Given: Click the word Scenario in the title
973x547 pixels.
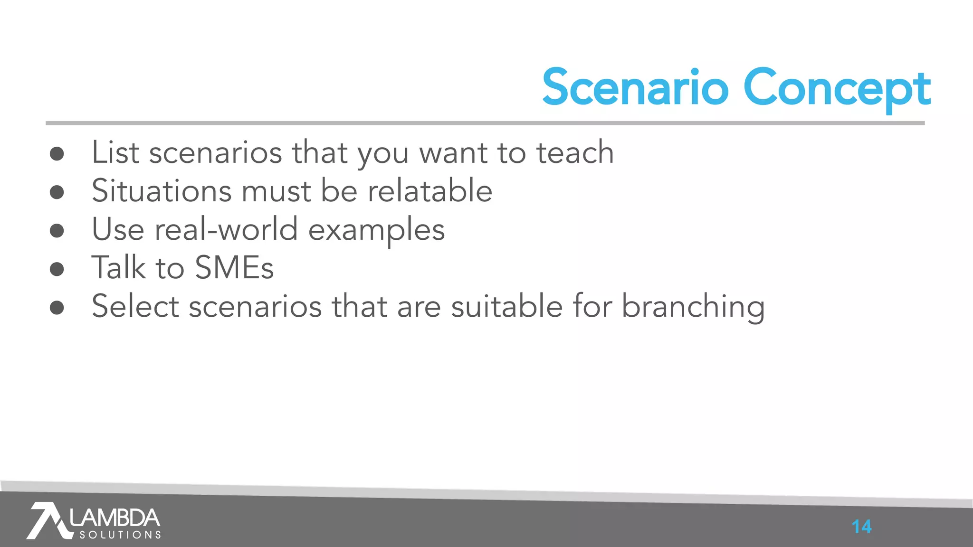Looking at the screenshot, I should pyautogui.click(x=635, y=88).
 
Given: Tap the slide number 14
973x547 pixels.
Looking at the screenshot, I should pyautogui.click(x=861, y=527).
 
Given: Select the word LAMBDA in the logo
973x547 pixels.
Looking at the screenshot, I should pyautogui.click(x=115, y=518).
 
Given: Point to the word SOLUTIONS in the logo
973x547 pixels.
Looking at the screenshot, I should pyautogui.click(x=120, y=535).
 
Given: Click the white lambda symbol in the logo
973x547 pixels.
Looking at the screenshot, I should pyautogui.click(x=48, y=520).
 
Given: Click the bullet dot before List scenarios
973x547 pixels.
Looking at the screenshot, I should pyautogui.click(x=57, y=153).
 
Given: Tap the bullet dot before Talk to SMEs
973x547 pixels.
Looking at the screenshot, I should pyautogui.click(x=57, y=269).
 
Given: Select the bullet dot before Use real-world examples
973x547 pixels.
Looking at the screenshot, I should pyautogui.click(x=57, y=230).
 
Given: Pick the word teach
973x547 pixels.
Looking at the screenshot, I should pyautogui.click(x=575, y=153).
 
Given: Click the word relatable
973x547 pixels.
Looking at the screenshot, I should pyautogui.click(x=429, y=191).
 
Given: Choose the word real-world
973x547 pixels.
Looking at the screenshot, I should pyautogui.click(x=227, y=229).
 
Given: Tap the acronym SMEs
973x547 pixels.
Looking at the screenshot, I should pyautogui.click(x=234, y=268).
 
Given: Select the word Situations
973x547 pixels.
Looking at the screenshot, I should pyautogui.click(x=162, y=191).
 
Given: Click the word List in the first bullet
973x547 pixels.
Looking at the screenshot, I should pyautogui.click(x=115, y=153).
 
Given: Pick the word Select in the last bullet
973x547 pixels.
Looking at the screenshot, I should pyautogui.click(x=135, y=306).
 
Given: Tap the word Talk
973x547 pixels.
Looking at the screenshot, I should pyautogui.click(x=119, y=268).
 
